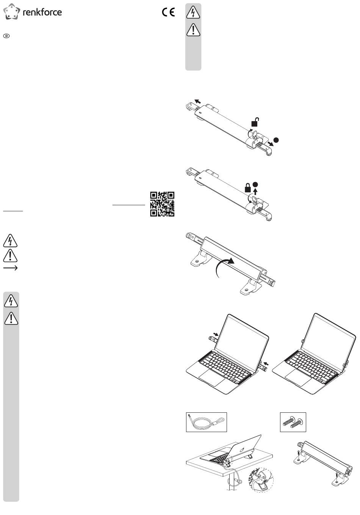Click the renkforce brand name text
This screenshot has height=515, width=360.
click(42, 12)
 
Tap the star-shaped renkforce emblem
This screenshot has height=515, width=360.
click(12, 11)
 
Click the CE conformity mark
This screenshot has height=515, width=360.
click(168, 12)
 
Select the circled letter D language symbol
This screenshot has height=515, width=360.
click(6, 36)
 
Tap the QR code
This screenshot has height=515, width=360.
click(162, 204)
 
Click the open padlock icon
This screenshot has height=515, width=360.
click(255, 122)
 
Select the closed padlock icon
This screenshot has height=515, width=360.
click(248, 187)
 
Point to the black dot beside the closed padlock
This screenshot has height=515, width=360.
click(255, 184)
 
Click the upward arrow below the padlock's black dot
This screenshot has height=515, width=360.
click(255, 192)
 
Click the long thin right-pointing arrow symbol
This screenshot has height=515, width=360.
click(10, 268)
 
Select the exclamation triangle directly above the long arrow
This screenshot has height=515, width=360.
click(10, 256)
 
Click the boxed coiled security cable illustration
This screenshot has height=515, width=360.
click(207, 422)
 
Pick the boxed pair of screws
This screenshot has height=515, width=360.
click(293, 422)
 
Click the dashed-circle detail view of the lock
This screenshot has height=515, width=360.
click(261, 480)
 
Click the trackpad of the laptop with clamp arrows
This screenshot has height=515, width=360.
click(212, 378)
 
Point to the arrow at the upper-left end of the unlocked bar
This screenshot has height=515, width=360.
click(197, 101)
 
